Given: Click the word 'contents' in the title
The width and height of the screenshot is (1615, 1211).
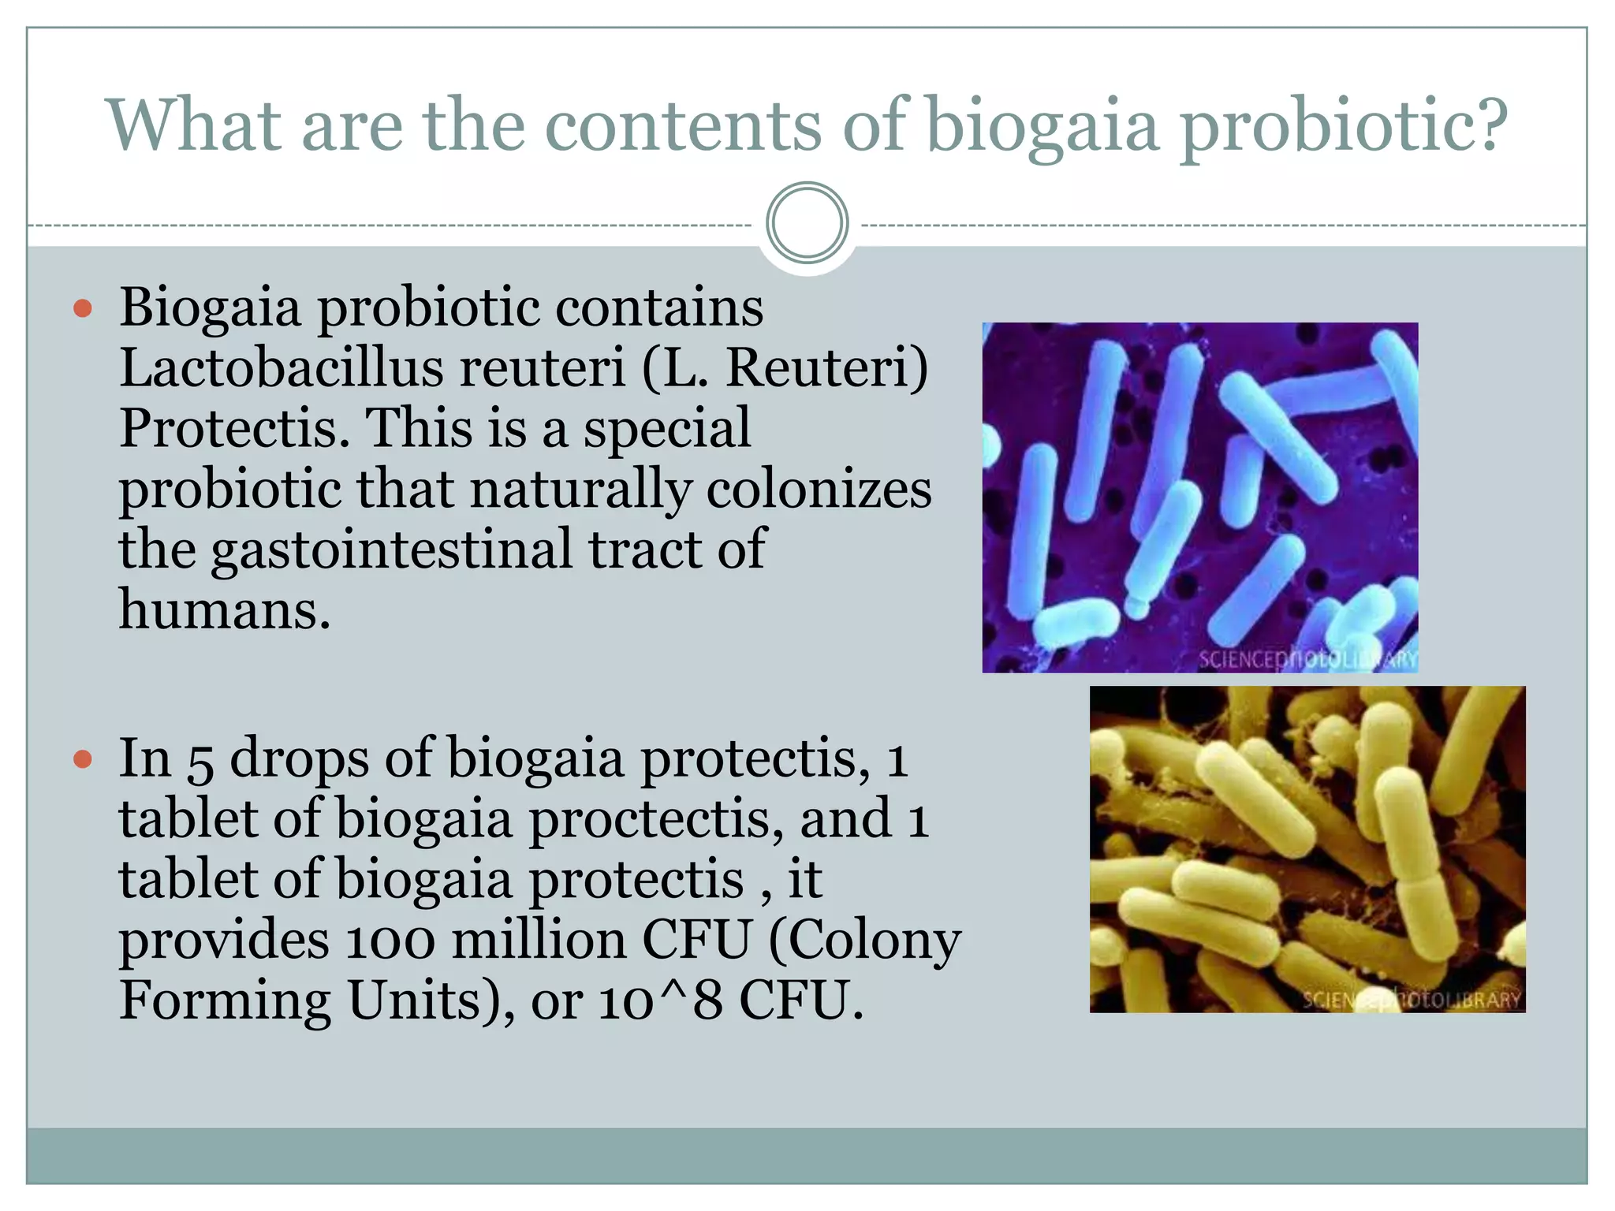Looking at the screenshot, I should pyautogui.click(x=682, y=126).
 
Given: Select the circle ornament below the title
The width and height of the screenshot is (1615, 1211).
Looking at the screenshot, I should pyautogui.click(x=807, y=223).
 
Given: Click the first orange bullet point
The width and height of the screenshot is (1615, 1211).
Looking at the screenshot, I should pyautogui.click(x=83, y=308).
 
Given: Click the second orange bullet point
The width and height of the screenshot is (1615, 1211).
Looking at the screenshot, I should pyautogui.click(x=83, y=760).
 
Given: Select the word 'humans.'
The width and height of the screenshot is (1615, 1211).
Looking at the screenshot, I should pyautogui.click(x=224, y=610).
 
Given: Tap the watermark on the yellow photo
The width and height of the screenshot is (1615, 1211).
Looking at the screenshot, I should pyautogui.click(x=1412, y=1000).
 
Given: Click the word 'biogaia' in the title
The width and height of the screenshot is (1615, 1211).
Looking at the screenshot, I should pyautogui.click(x=1041, y=126).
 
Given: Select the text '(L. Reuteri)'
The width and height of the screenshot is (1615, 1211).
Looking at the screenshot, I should pyautogui.click(x=785, y=367).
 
